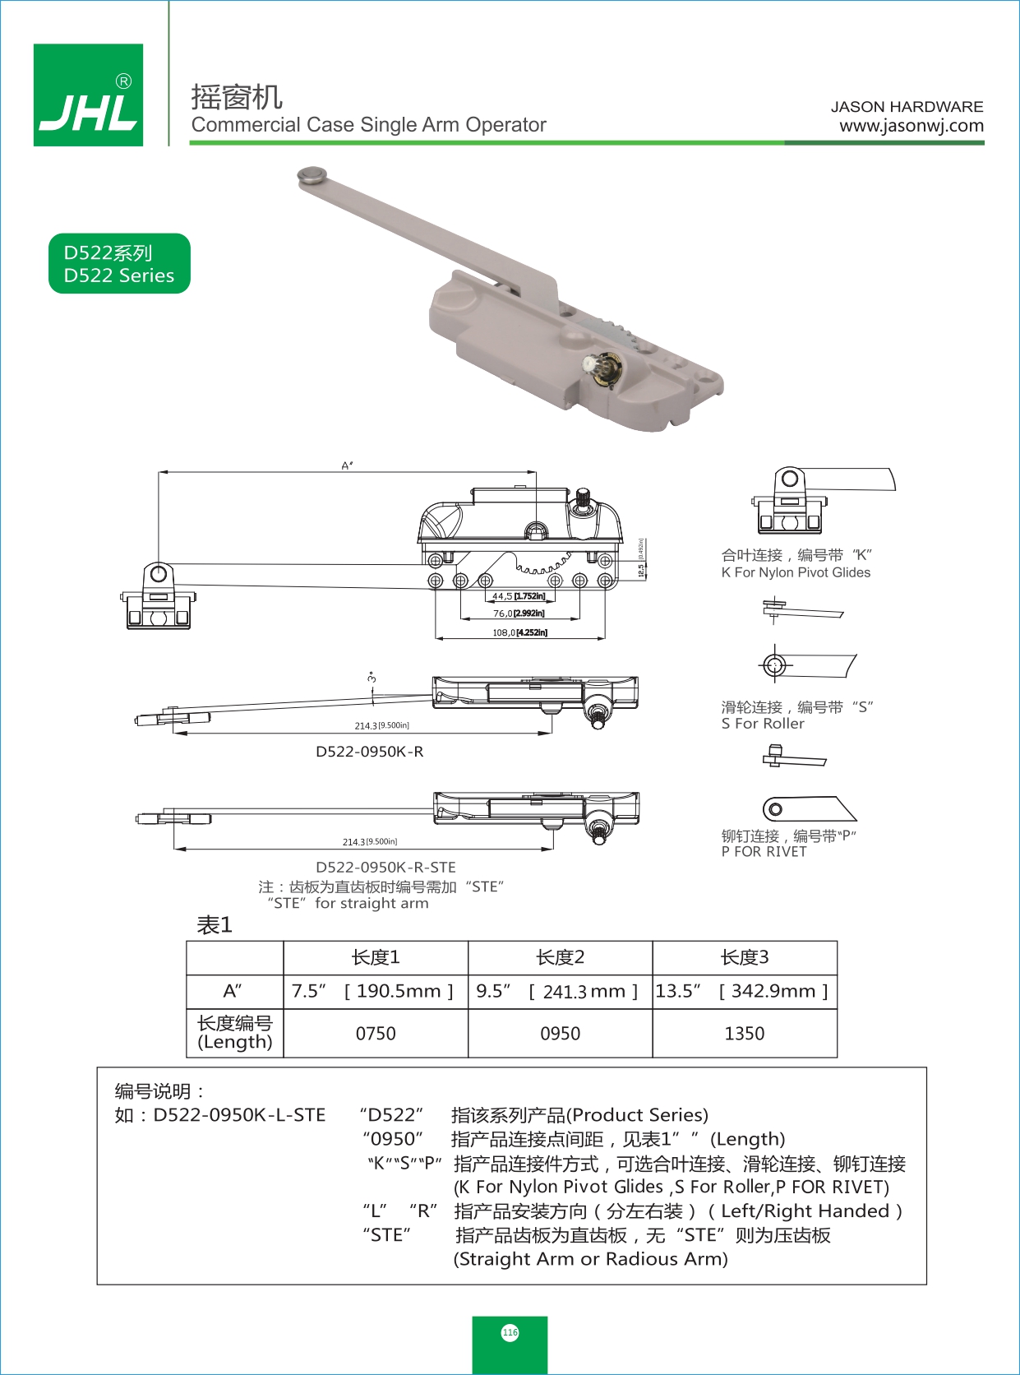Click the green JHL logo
click(x=88, y=95)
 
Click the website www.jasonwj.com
click(x=911, y=126)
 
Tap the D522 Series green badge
click(x=119, y=264)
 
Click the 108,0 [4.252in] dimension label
click(x=519, y=632)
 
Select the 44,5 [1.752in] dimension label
click(x=519, y=596)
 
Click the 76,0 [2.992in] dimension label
click(x=519, y=613)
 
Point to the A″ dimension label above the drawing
click(x=348, y=465)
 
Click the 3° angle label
click(x=372, y=678)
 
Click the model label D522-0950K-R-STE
click(x=385, y=867)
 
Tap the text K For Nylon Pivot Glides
click(x=796, y=572)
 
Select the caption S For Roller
click(x=763, y=724)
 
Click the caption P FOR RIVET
click(x=764, y=852)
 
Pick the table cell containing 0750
click(x=376, y=1034)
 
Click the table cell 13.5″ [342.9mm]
click(x=744, y=991)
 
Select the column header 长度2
click(x=560, y=957)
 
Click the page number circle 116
click(x=510, y=1332)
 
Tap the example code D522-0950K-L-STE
click(x=239, y=1115)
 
